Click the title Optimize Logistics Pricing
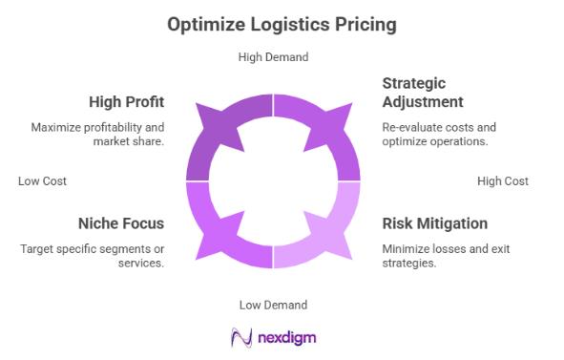click(x=282, y=24)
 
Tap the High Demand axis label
click(x=273, y=57)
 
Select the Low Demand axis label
click(x=273, y=305)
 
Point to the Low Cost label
click(x=42, y=180)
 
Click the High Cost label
click(x=503, y=180)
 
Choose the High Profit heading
click(x=127, y=102)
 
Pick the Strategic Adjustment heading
click(x=423, y=93)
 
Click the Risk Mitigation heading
click(x=434, y=223)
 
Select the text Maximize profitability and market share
click(x=97, y=135)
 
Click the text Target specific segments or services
click(x=92, y=256)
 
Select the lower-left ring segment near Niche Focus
click(x=216, y=235)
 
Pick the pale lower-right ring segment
click(x=330, y=235)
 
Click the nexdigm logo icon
click(x=240, y=337)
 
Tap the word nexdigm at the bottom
click(x=287, y=338)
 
